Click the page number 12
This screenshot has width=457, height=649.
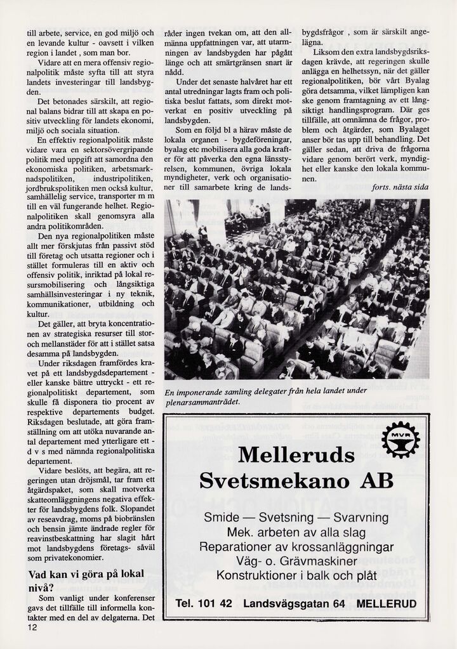pos(32,627)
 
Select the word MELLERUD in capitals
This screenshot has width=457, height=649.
pos(387,604)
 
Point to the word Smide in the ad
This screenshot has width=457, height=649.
pos(222,518)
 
